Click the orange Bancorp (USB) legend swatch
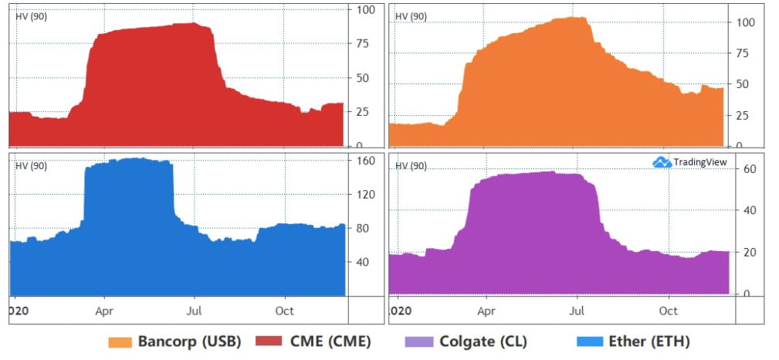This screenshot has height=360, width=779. [x=120, y=342]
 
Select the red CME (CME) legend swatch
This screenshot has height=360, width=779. [x=266, y=342]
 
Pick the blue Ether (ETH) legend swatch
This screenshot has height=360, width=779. [x=589, y=342]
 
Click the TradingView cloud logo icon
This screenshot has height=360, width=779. [x=662, y=162]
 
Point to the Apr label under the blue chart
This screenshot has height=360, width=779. [x=104, y=311]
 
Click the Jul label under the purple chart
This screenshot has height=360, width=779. [x=577, y=311]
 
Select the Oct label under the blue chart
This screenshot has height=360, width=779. [x=285, y=311]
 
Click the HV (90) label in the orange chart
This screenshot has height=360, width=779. [x=411, y=16]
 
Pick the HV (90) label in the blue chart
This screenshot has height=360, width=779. [x=32, y=166]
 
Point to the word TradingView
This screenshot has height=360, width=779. [x=700, y=162]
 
